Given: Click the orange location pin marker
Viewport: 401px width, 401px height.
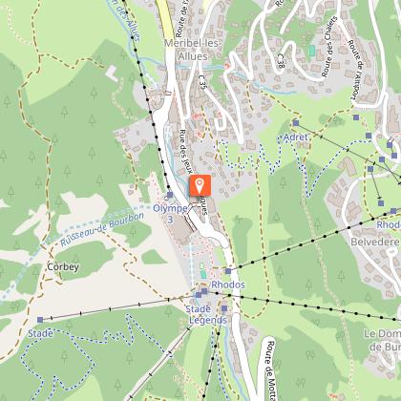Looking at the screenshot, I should [200, 186].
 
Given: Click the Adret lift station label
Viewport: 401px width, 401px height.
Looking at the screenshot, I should [294, 137].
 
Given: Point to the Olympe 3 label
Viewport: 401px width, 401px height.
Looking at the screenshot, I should [170, 213].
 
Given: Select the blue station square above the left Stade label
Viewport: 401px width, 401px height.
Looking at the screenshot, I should [42, 319].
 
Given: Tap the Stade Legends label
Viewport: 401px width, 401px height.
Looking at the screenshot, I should [205, 314].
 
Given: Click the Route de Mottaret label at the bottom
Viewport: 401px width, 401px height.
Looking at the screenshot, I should [271, 368].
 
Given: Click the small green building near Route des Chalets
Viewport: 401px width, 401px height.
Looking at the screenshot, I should [310, 49].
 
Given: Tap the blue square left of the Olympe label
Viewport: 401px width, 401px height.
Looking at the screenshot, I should [169, 194].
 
